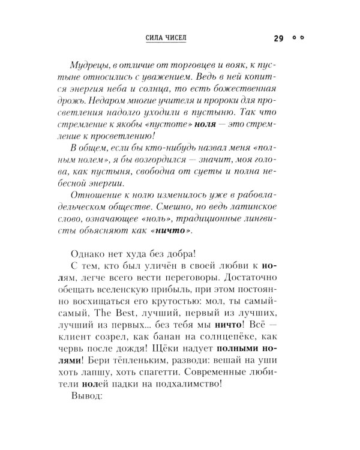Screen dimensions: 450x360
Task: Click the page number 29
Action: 278,38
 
